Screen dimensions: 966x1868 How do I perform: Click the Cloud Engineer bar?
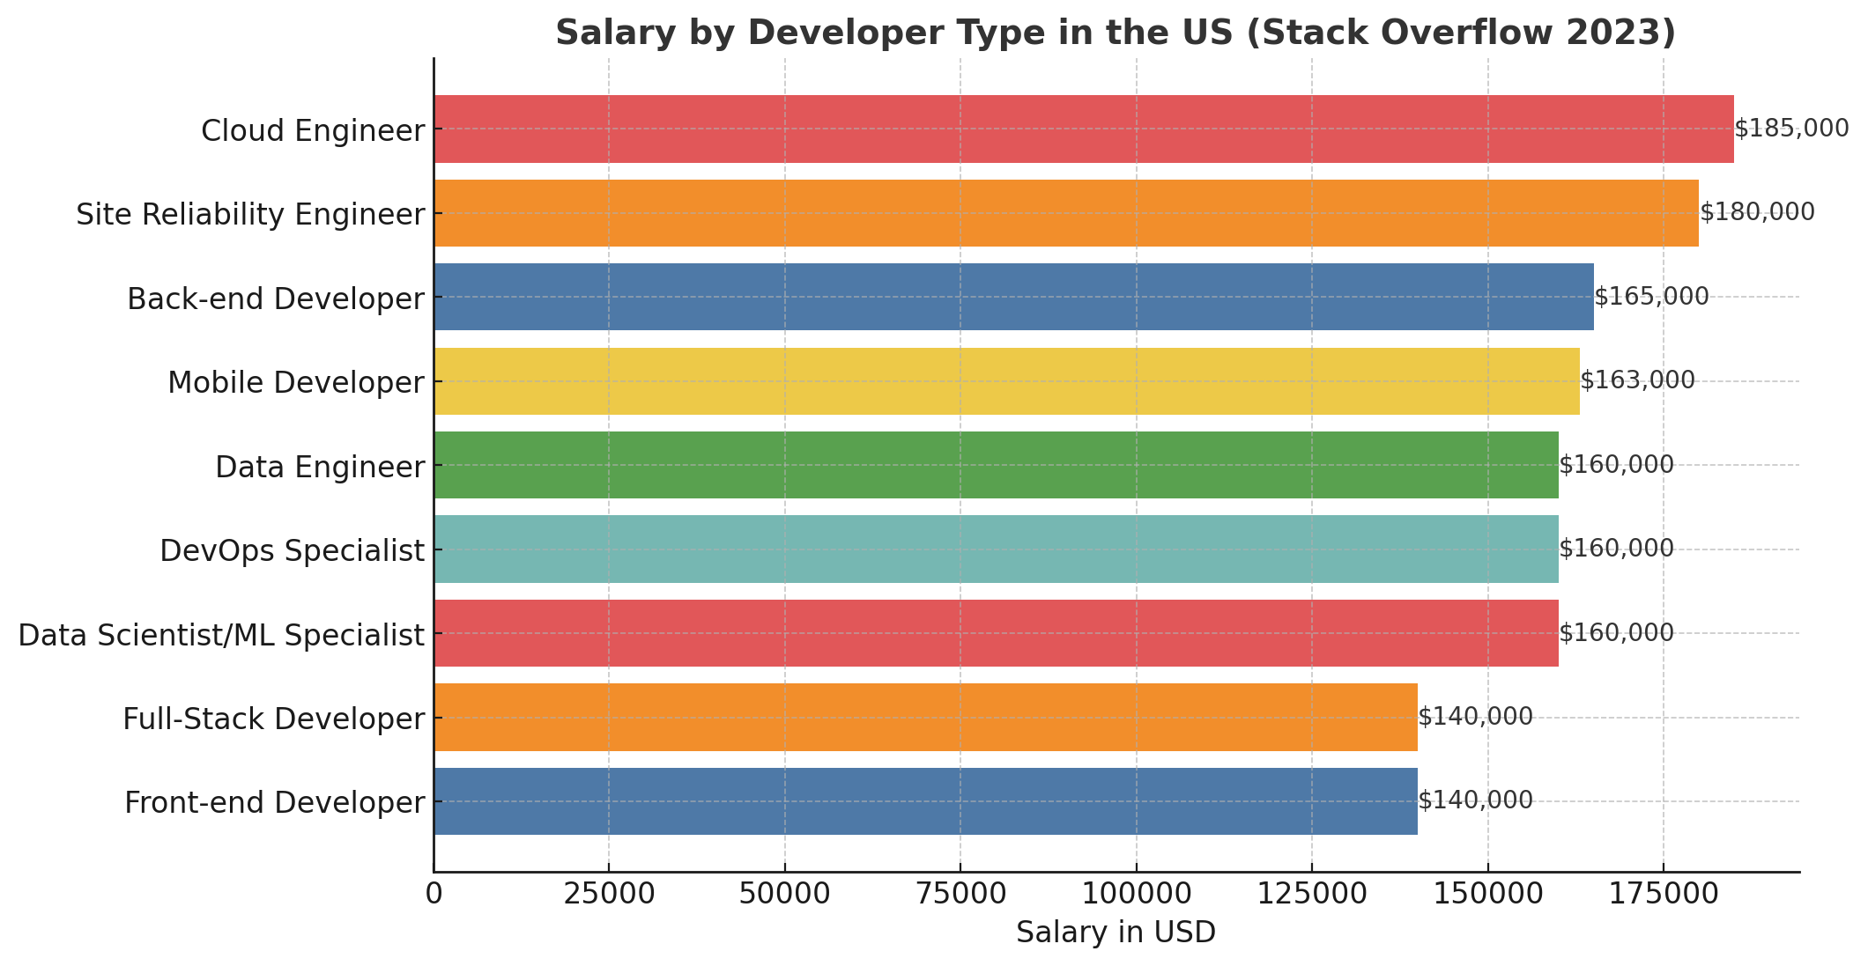pos(1083,129)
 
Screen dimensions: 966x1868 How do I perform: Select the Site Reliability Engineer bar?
pos(1065,213)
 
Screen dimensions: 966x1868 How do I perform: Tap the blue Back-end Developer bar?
pos(1013,298)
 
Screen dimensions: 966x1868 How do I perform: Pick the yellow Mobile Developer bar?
pos(1006,381)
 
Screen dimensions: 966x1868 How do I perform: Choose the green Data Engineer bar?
pos(996,465)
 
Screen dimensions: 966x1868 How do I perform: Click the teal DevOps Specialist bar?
pos(996,549)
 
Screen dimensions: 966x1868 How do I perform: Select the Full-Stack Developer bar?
pos(925,718)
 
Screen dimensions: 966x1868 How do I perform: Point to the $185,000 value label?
pos(1791,129)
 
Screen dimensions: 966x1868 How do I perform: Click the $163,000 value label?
pos(1637,381)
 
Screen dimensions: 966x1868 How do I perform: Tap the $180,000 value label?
pos(1757,213)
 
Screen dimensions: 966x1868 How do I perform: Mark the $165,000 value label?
pos(1651,298)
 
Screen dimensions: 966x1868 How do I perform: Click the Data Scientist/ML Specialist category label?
pos(221,635)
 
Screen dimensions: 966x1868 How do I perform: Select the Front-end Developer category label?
pos(274,803)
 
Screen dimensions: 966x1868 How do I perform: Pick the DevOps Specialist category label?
pos(292,551)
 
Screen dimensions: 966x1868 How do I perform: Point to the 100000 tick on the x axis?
pos(1136,894)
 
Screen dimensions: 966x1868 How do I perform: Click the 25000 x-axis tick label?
pos(608,894)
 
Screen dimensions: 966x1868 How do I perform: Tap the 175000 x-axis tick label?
pos(1663,894)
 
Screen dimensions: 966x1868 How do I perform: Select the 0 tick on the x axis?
pos(434,894)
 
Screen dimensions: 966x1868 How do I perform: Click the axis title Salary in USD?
pos(1116,933)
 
